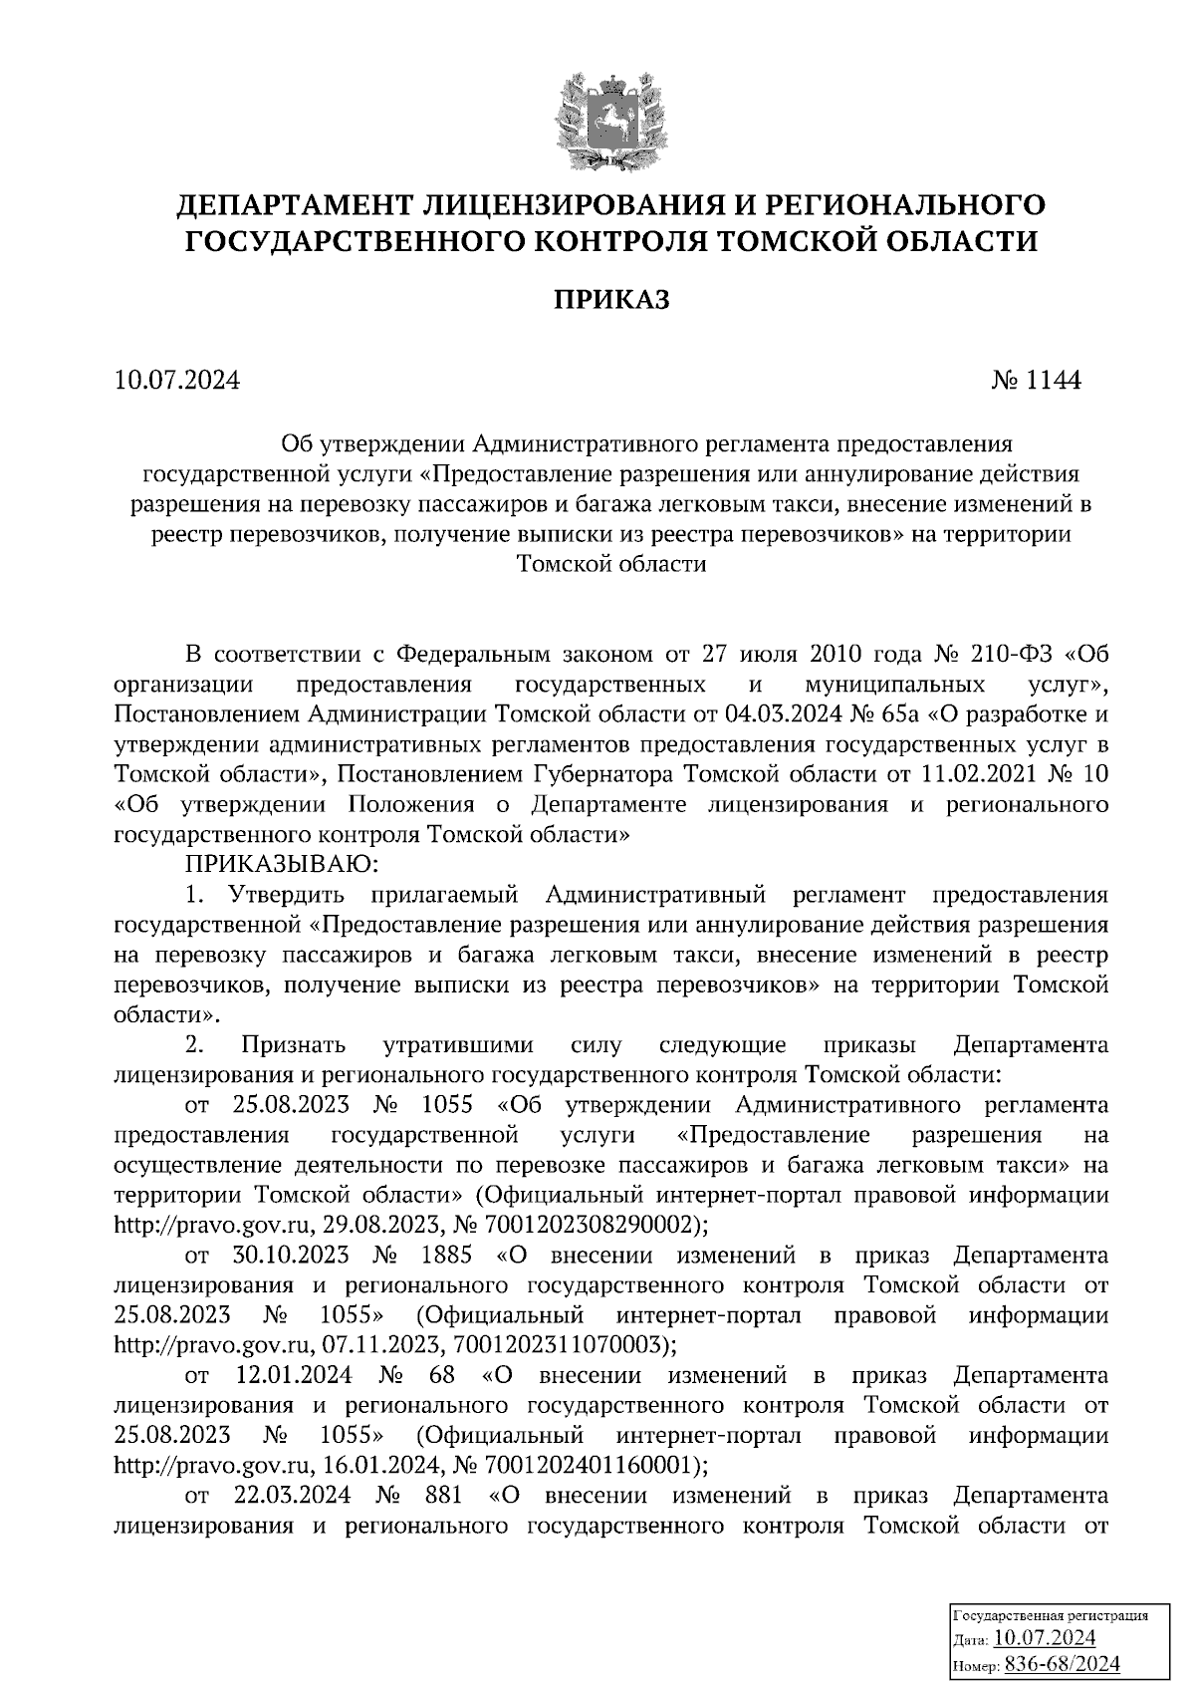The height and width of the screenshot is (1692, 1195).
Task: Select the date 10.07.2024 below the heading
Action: pos(176,381)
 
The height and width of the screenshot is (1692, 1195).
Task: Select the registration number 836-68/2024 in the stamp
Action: pos(1062,1663)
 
